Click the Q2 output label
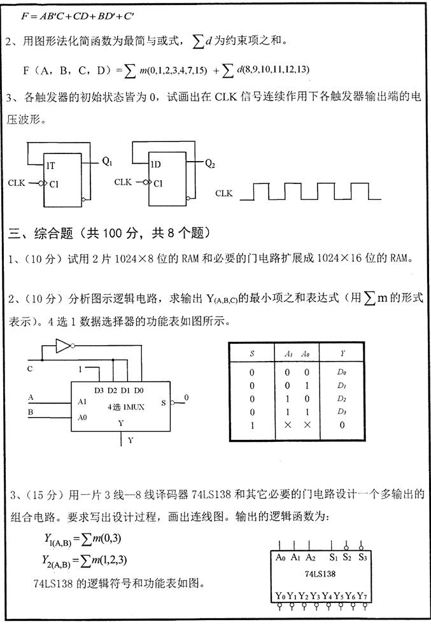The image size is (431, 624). (210, 163)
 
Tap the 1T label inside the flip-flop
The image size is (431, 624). (50, 166)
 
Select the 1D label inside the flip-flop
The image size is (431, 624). (155, 164)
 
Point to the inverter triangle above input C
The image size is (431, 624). (62, 346)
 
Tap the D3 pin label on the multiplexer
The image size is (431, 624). (99, 390)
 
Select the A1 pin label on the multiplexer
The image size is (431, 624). (81, 402)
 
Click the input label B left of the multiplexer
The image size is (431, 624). (31, 413)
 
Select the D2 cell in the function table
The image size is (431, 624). (343, 399)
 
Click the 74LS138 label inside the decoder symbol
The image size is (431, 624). (320, 574)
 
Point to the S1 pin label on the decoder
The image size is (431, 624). (333, 558)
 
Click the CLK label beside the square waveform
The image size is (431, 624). (224, 193)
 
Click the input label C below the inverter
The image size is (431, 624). (29, 369)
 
